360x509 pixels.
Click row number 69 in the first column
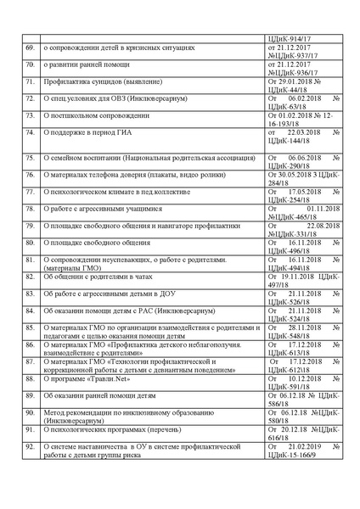tap(31, 49)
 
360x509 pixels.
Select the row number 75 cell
tap(31, 157)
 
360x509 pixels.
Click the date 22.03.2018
tap(305, 133)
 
